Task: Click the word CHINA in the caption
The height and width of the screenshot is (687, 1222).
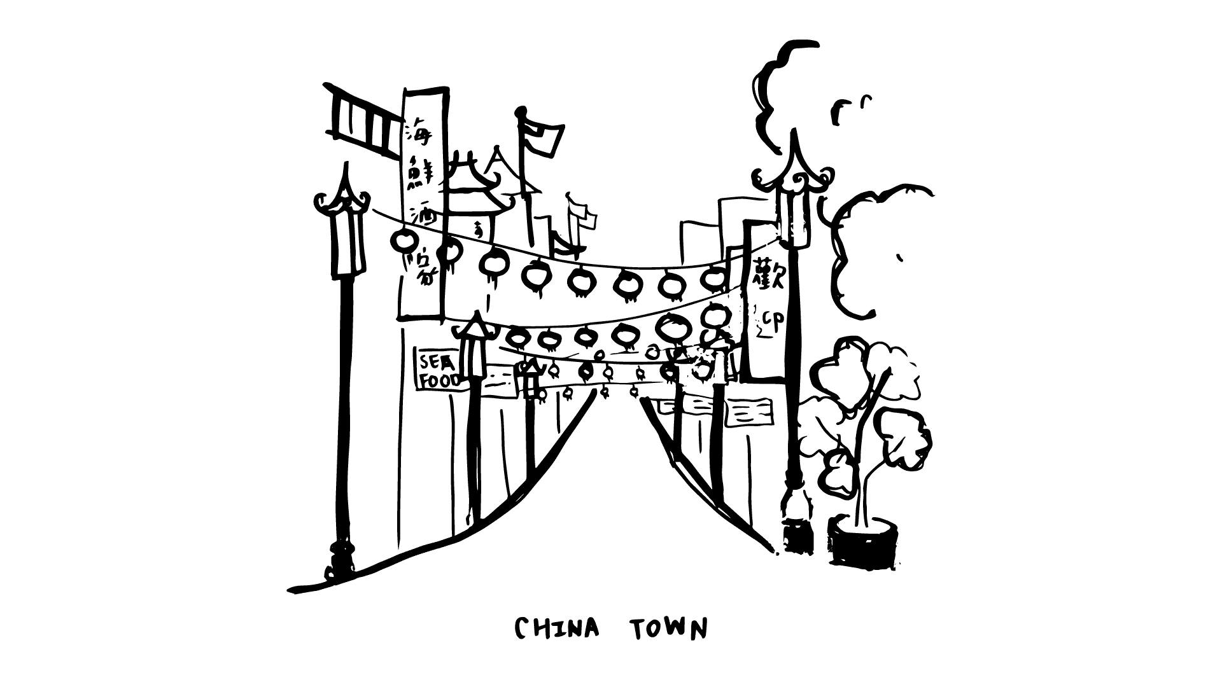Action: (557, 628)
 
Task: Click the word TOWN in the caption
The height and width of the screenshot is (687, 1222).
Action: (668, 628)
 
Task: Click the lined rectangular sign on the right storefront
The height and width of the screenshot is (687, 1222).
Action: (749, 412)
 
